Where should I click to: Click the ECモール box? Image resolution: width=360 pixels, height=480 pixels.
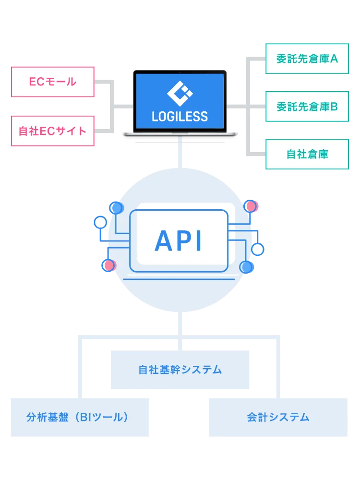coord(53,82)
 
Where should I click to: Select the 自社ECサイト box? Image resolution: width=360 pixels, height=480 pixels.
coord(53,131)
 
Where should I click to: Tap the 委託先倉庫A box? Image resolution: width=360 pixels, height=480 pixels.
coord(307,59)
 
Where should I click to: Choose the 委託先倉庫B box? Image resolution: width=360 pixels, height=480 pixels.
coord(307,106)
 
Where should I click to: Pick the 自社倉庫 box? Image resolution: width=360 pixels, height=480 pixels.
coord(307,154)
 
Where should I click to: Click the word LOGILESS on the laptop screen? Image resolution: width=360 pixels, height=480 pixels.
coord(180,116)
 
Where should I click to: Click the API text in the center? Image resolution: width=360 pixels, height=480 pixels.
coord(179,241)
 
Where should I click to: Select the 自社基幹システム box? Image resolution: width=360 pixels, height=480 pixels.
coord(180,370)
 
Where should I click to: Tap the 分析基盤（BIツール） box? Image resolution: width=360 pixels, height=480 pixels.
coord(78,417)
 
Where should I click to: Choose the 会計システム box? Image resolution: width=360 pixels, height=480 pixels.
coord(278,417)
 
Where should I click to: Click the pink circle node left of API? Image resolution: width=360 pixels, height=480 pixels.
coord(109,265)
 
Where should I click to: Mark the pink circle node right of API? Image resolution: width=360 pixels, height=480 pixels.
coord(250,206)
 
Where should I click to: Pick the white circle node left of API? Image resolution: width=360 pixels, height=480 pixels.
coord(101,222)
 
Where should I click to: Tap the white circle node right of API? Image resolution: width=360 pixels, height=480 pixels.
coord(258,249)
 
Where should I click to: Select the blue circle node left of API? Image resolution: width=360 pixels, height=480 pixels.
coord(116,208)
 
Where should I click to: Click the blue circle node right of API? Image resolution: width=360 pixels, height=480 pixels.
coord(246,267)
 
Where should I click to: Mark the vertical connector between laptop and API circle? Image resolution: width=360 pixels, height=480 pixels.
coord(180,153)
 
